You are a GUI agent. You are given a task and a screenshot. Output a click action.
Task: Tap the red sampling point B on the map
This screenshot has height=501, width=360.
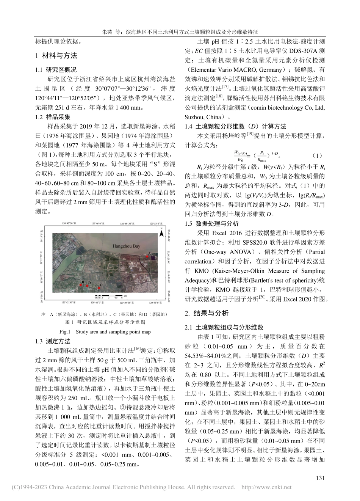(81, 284)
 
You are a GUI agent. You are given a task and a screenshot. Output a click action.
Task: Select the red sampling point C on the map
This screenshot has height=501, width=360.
(99, 288)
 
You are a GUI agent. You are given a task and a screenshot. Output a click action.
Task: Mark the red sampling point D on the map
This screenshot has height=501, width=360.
(87, 285)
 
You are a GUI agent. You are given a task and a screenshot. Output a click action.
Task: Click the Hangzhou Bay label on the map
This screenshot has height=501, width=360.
(126, 246)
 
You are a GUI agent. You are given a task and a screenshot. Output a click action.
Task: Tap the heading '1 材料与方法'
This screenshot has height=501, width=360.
(56, 56)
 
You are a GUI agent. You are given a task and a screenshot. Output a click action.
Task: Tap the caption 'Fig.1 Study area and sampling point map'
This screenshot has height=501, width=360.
(105, 331)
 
